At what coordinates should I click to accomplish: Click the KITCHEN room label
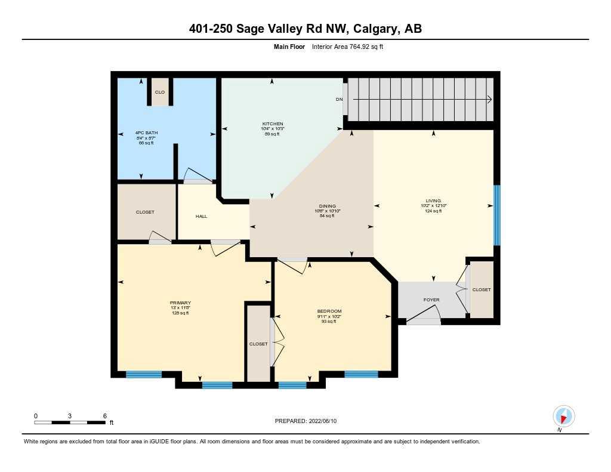point(272,124)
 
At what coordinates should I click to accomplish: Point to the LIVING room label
point(433,200)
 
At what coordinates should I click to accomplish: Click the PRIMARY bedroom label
point(180,303)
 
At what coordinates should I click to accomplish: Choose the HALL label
point(201,216)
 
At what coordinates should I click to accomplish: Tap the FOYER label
point(431,300)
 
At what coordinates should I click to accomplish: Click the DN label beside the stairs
point(339,99)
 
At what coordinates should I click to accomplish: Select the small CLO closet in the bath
point(159,92)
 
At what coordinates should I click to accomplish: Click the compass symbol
point(563,416)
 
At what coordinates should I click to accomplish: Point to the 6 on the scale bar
point(104,415)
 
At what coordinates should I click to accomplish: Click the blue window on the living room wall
point(496,215)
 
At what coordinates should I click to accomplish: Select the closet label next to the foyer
point(482,289)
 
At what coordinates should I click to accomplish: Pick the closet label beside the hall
point(145,212)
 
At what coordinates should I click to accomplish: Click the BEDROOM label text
point(329,311)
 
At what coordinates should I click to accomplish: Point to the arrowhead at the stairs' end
point(489,99)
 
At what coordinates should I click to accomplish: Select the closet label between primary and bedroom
point(258,344)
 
